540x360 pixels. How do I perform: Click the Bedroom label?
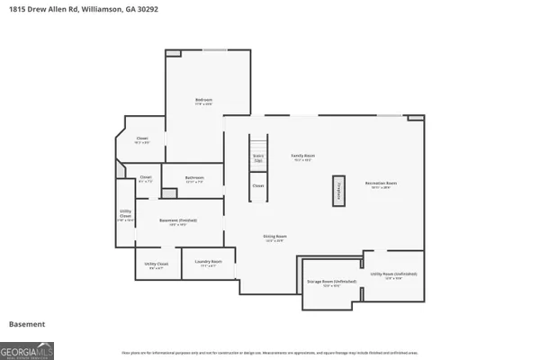204,101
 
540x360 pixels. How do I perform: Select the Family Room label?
301,157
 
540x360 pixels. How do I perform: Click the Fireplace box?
339,191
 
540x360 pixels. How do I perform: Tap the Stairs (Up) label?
258,157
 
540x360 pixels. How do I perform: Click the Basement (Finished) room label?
178,222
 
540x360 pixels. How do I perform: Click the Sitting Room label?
274,238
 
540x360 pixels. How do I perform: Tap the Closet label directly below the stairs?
258,186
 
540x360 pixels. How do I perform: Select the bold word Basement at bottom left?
26,324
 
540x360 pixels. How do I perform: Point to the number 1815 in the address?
14,8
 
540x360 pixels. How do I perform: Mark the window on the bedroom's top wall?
214,49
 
